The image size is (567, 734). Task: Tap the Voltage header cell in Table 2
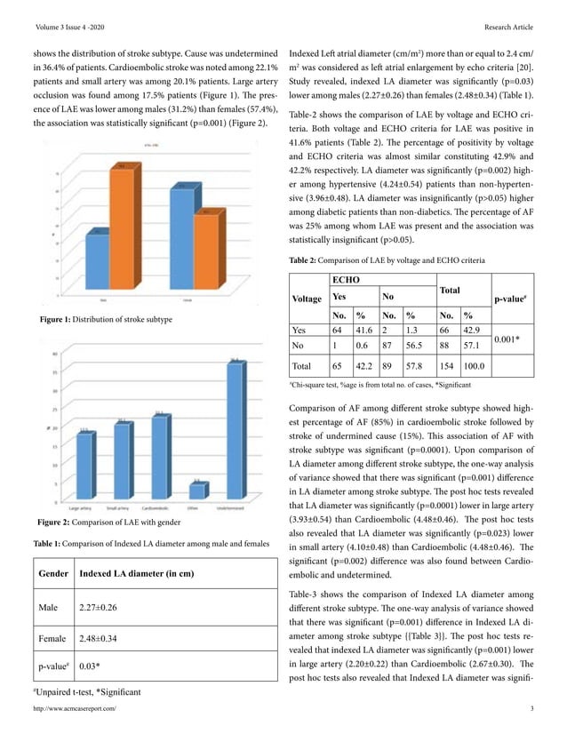tap(307, 299)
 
